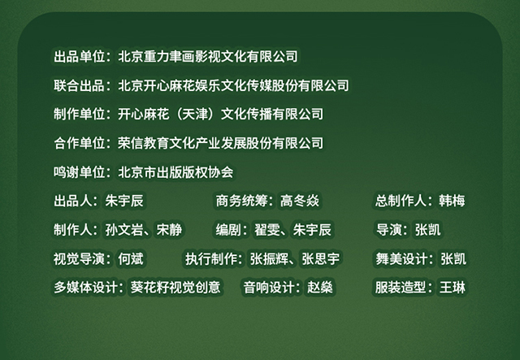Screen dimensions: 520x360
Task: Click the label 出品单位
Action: click(80, 56)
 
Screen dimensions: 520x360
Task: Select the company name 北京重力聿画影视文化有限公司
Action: click(208, 56)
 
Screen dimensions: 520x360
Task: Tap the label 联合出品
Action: click(80, 85)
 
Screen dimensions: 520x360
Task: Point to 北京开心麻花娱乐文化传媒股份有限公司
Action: click(233, 85)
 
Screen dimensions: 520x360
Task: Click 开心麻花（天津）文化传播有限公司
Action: click(220, 114)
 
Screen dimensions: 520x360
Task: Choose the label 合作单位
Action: click(80, 143)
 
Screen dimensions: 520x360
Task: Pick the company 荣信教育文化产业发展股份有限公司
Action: click(220, 143)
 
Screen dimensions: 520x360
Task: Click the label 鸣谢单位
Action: click(80, 171)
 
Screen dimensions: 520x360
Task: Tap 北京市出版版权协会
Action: click(175, 171)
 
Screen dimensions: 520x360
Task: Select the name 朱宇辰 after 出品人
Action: click(124, 201)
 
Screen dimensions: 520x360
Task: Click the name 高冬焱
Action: click(300, 201)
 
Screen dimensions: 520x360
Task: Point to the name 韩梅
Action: click(452, 201)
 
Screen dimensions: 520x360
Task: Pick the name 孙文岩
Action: click(124, 230)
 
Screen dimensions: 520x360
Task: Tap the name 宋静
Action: click(169, 230)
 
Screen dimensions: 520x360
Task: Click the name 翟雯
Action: click(267, 230)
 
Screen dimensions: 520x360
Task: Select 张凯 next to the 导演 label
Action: click(428, 230)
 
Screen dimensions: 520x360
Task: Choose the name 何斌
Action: click(131, 258)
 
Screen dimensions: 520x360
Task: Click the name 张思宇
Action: click(321, 258)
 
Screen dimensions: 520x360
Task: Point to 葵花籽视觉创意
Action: click(175, 288)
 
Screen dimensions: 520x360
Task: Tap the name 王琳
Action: click(453, 288)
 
